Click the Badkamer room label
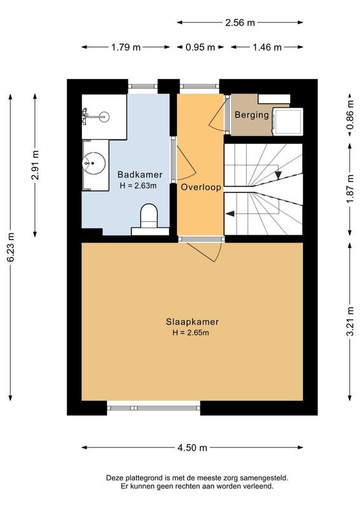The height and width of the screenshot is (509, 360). (139, 174)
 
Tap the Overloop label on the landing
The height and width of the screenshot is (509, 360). (200, 188)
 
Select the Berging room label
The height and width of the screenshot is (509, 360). (251, 115)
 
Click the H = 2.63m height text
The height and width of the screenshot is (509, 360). (139, 185)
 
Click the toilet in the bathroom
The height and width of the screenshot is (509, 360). (149, 215)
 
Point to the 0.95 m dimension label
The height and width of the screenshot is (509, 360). (200, 47)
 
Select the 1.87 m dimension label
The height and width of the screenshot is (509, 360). (349, 188)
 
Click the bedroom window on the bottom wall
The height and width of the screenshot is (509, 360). (153, 408)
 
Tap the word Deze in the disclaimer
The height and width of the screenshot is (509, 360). (117, 477)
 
